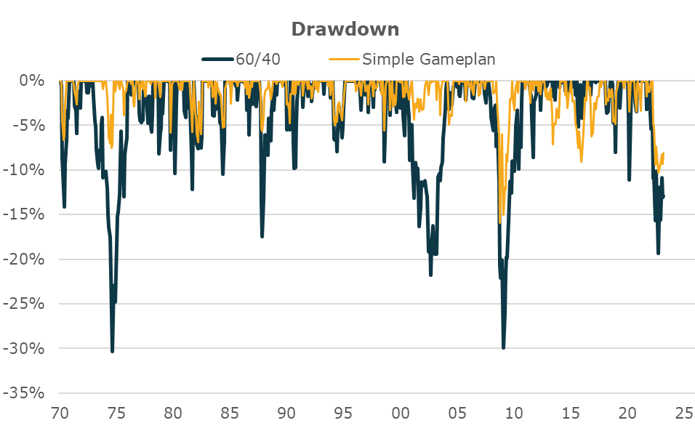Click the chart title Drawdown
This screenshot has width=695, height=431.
tap(345, 29)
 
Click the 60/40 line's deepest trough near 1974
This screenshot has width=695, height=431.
tap(112, 351)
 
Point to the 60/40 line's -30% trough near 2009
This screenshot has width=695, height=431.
tap(503, 348)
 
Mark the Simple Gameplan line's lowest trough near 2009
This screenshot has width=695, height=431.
tap(500, 222)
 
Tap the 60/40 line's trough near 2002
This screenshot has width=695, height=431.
tap(430, 275)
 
